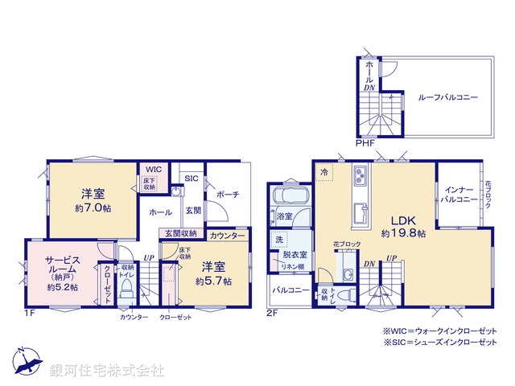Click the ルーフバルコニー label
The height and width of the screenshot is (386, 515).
coord(447,96)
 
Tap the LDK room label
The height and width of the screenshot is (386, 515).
coord(404,220)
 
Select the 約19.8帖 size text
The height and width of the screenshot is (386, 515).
coord(404,233)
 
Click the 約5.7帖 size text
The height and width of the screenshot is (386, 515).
coord(213,281)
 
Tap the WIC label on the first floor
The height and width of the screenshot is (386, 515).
coord(154,170)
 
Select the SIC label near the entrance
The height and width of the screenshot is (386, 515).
coord(191,179)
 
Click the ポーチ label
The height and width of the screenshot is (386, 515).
coord(225,195)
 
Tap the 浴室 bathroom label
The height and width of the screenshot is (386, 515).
coord(285,216)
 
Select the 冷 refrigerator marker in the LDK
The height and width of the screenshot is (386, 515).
coord(323,171)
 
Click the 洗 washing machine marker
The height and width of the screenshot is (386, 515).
coord(278,240)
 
